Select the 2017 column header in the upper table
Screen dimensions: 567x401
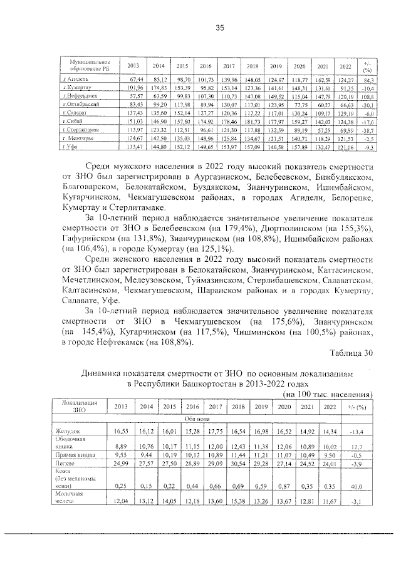(x=229, y=66)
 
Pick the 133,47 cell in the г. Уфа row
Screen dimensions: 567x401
(x=135, y=146)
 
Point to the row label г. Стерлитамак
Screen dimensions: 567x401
(x=81, y=129)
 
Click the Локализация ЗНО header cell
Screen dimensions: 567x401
(x=75, y=407)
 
